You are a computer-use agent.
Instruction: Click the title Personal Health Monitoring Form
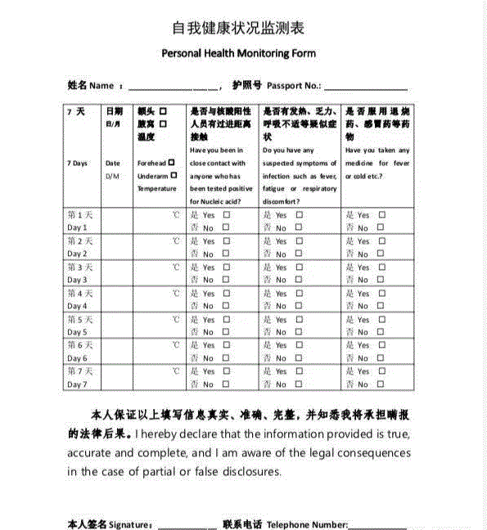238,53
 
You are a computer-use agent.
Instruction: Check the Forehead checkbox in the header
172,163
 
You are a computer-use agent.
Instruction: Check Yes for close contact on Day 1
227,215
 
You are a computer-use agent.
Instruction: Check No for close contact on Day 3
227,281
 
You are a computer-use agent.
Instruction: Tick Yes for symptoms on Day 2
300,241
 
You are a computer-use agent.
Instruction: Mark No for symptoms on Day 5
300,333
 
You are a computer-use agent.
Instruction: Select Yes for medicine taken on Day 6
382,346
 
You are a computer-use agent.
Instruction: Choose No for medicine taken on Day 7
382,384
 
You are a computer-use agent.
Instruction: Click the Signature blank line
187,524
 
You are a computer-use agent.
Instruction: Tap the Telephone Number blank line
377,524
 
